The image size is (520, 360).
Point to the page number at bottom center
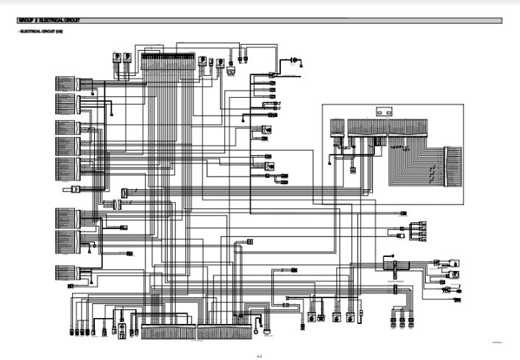tap(260, 354)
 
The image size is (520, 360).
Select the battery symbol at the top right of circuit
tap(294, 59)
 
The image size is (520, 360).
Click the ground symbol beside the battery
tap(304, 59)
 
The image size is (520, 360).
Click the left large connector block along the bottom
tap(168, 333)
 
